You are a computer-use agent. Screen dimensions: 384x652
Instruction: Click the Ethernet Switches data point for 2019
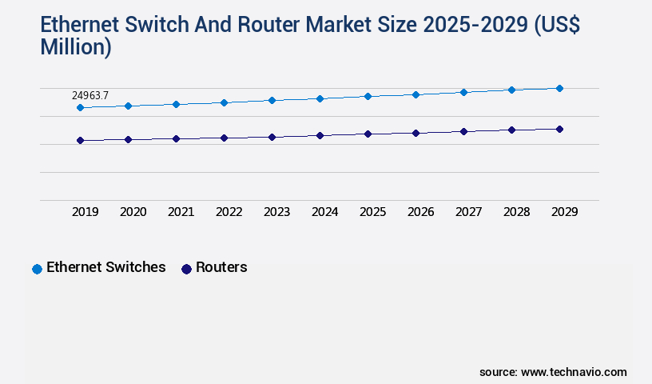[x=80, y=107]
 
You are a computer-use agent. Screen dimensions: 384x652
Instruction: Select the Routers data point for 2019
[x=80, y=141]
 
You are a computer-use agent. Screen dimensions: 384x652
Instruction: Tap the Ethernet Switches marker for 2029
[x=559, y=88]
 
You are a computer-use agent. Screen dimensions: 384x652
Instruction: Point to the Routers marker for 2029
[x=559, y=129]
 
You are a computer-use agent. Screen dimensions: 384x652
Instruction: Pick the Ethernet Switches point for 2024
[x=320, y=98]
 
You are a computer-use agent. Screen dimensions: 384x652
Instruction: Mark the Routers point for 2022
[x=224, y=138]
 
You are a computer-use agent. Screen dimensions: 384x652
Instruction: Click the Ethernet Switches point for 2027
[x=463, y=92]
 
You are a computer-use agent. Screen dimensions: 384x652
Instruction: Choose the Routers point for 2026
[x=415, y=133]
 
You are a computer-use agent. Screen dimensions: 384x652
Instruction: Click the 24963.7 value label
[x=90, y=96]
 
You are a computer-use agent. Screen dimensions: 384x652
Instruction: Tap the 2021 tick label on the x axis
[x=181, y=212]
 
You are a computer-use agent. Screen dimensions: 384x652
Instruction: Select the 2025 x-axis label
[x=372, y=212]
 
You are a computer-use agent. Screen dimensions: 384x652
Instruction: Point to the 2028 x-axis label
[x=516, y=212]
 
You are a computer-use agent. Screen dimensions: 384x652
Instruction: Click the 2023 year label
[x=276, y=212]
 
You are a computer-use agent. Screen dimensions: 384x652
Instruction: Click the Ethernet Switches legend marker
[x=37, y=269]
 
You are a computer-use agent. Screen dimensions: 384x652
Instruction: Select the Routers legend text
[x=221, y=267]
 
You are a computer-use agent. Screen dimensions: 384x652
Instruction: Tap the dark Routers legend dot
[x=186, y=269]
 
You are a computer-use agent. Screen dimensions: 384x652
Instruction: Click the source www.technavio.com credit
[x=553, y=372]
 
